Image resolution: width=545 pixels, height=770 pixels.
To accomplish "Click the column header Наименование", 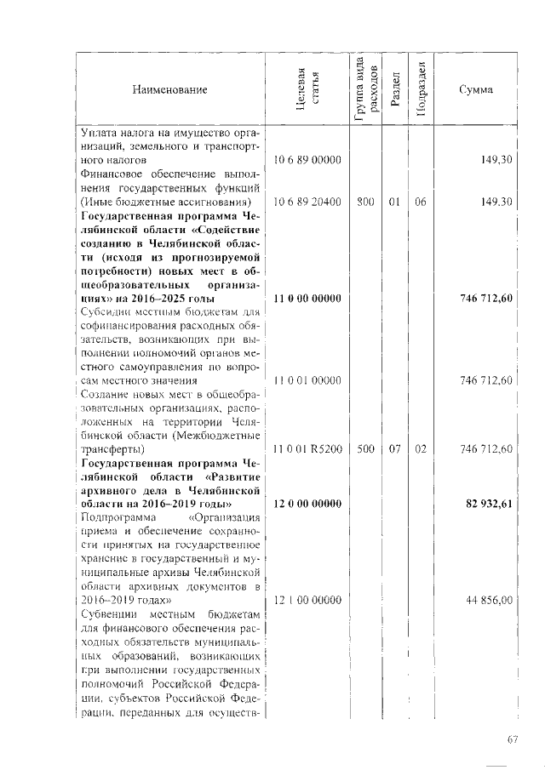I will coord(169,89).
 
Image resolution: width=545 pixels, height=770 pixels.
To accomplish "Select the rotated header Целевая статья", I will coord(307,90).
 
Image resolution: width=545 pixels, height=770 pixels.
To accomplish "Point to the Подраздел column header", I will coord(419,89).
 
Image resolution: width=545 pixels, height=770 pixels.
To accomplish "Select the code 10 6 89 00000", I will coord(307,160).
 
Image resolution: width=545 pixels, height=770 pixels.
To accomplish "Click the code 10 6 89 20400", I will coord(307,202).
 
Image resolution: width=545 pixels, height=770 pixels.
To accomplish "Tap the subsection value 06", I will coord(419,202).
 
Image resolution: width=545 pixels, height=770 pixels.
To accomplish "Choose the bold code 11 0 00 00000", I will coord(307,298).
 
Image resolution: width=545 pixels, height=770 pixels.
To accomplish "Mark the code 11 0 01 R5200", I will coord(307,448).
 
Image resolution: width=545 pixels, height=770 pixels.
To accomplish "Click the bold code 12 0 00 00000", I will coord(307,505).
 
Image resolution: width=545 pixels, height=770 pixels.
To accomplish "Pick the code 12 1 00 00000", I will coord(307,601).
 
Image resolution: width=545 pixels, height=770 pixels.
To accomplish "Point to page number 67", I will coord(513,740).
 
